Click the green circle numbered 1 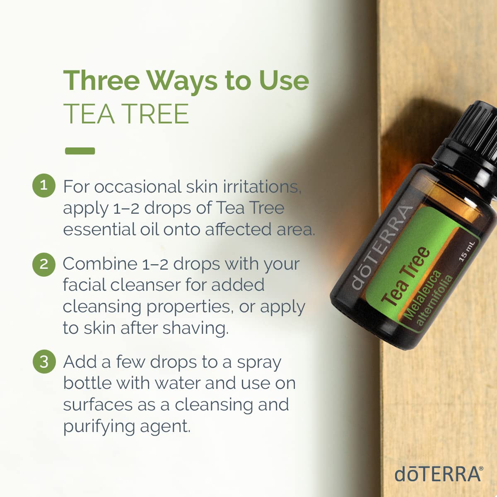click(43, 185)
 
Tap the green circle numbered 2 click(43, 264)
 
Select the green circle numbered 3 click(44, 362)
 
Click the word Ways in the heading click(182, 81)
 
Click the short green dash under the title click(80, 151)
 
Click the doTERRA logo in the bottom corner click(438, 474)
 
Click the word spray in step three click(259, 363)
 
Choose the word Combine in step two click(100, 264)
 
